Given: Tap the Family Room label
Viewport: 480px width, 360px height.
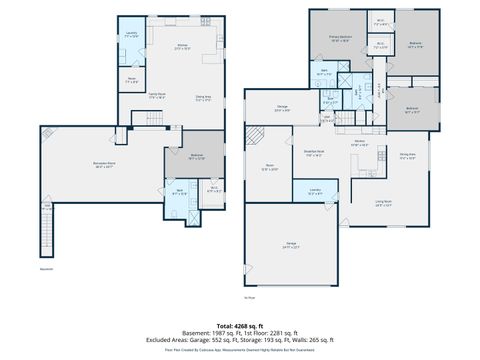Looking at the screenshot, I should pos(158,96).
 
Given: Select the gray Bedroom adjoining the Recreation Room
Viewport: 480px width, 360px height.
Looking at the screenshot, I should pos(197,157).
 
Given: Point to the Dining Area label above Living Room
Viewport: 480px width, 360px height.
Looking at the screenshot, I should pos(407,155).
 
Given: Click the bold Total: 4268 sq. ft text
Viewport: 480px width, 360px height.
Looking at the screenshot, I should pos(240,325).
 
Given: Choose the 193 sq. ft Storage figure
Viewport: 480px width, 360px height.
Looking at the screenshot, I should pos(264,339).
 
